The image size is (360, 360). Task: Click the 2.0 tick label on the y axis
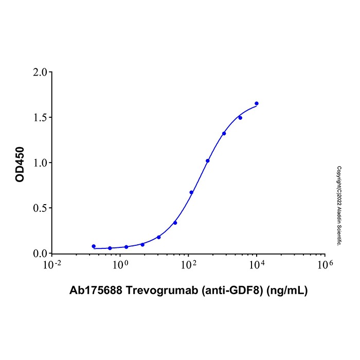tap(39, 72)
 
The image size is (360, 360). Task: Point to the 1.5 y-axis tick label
tap(39, 117)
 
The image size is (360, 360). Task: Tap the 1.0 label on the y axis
tap(39, 163)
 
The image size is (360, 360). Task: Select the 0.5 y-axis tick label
tap(39, 208)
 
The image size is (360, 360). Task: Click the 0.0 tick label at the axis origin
tap(39, 254)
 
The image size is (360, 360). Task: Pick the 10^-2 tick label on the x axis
tap(52, 264)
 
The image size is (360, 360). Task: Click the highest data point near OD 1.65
tap(257, 103)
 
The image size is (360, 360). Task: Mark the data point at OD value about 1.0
tap(208, 161)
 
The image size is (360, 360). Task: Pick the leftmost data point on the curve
tap(94, 246)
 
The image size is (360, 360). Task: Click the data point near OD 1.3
tap(224, 134)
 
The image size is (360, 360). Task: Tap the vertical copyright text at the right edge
tap(339, 206)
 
